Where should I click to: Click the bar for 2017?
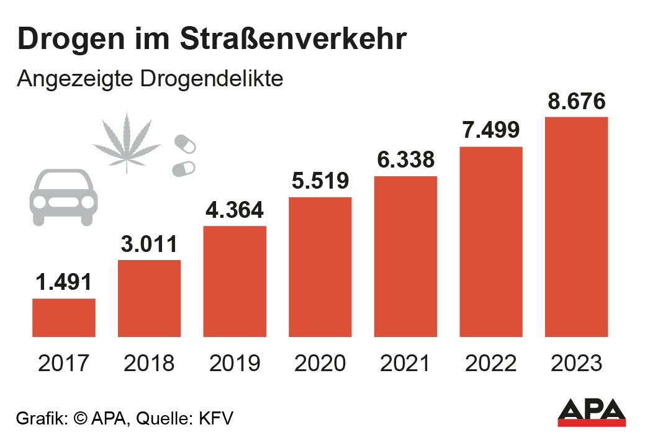pyautogui.click(x=64, y=317)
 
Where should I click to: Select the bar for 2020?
pyautogui.click(x=320, y=267)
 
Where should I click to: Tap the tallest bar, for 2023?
pyautogui.click(x=576, y=227)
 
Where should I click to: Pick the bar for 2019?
pyautogui.click(x=235, y=281)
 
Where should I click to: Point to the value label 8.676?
pyautogui.click(x=576, y=101)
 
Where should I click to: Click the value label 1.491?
pyautogui.click(x=64, y=282)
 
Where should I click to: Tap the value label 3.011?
pyautogui.click(x=149, y=244)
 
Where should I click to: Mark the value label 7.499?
pyautogui.click(x=491, y=131)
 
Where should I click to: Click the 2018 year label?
pyautogui.click(x=149, y=363)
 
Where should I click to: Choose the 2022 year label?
pyautogui.click(x=491, y=363)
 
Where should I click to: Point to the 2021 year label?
pyautogui.click(x=405, y=363)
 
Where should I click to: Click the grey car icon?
pyautogui.click(x=63, y=197)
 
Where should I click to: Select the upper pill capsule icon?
pyautogui.click(x=184, y=143)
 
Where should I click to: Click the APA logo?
pyautogui.click(x=591, y=413)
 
